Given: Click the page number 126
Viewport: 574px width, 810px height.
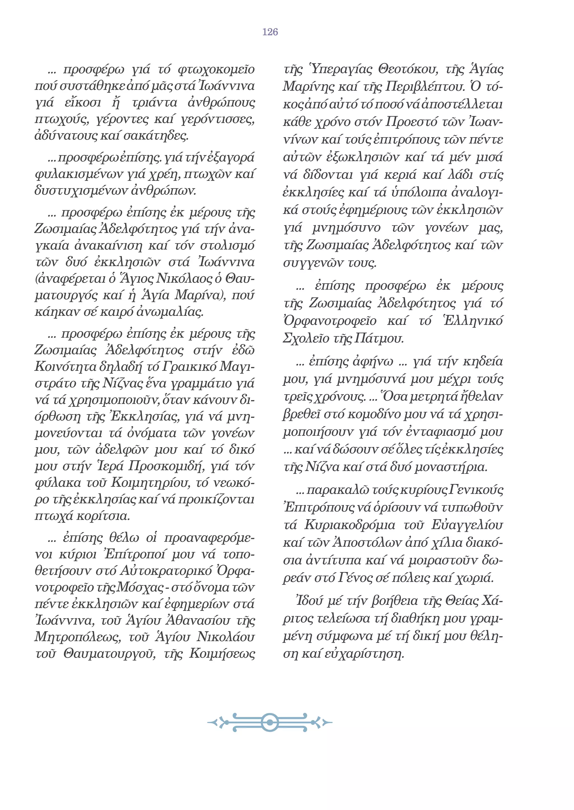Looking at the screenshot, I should pos(270,32).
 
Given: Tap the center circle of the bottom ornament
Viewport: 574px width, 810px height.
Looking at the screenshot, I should pos(270,722).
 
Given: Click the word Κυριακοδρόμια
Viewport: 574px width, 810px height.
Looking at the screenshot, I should pos(350,525).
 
